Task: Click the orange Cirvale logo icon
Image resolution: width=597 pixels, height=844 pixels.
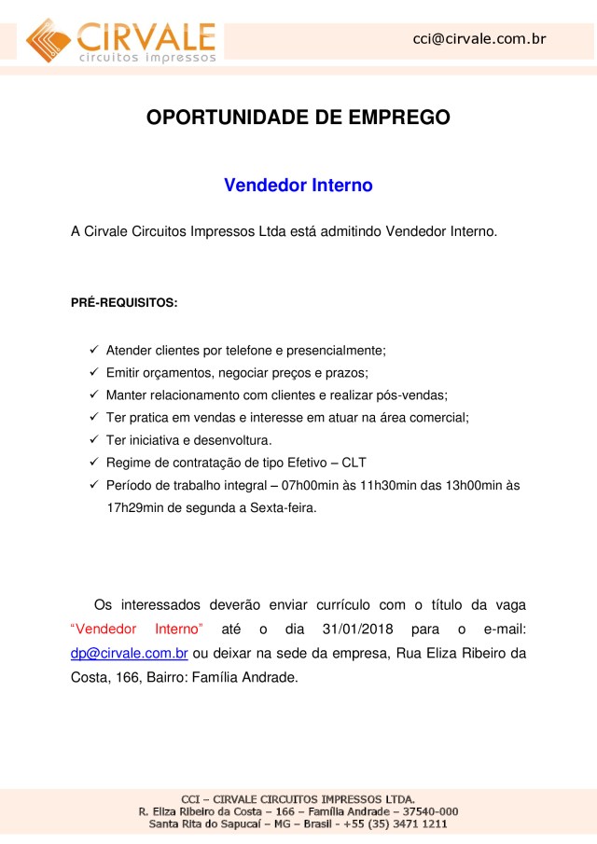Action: click(x=49, y=38)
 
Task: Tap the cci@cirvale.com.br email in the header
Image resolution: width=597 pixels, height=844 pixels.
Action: click(x=479, y=38)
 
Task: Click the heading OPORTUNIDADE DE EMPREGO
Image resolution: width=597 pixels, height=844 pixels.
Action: click(x=298, y=118)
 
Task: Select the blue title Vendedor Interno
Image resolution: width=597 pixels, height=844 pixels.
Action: click(x=298, y=186)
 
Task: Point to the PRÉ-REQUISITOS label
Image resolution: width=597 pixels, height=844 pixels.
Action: click(x=124, y=304)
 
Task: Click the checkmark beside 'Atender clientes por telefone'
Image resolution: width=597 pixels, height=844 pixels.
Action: click(x=94, y=351)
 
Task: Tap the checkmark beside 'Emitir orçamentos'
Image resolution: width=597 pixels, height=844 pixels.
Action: click(x=94, y=373)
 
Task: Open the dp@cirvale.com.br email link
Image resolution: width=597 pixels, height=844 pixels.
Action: click(x=130, y=653)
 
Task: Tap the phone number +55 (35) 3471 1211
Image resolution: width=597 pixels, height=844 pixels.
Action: click(x=398, y=824)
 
